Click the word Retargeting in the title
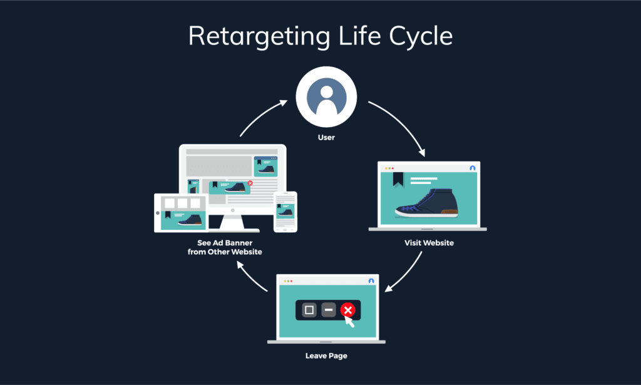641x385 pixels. tap(259, 37)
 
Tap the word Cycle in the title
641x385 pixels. tap(421, 37)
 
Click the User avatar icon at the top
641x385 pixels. tap(326, 97)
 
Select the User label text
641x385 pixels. tap(326, 137)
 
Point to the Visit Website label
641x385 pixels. tap(429, 243)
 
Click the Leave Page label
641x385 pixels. tap(326, 356)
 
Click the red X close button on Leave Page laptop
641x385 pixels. tap(348, 310)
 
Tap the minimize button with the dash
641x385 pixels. tap(328, 310)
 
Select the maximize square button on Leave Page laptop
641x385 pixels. tap(309, 310)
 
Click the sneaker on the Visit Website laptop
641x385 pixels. tap(426, 203)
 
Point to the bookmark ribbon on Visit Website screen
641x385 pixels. tap(398, 179)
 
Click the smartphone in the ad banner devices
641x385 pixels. tap(285, 212)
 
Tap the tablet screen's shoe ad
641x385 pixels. tap(183, 220)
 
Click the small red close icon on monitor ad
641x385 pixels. tap(250, 183)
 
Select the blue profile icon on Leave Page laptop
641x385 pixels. tap(371, 281)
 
